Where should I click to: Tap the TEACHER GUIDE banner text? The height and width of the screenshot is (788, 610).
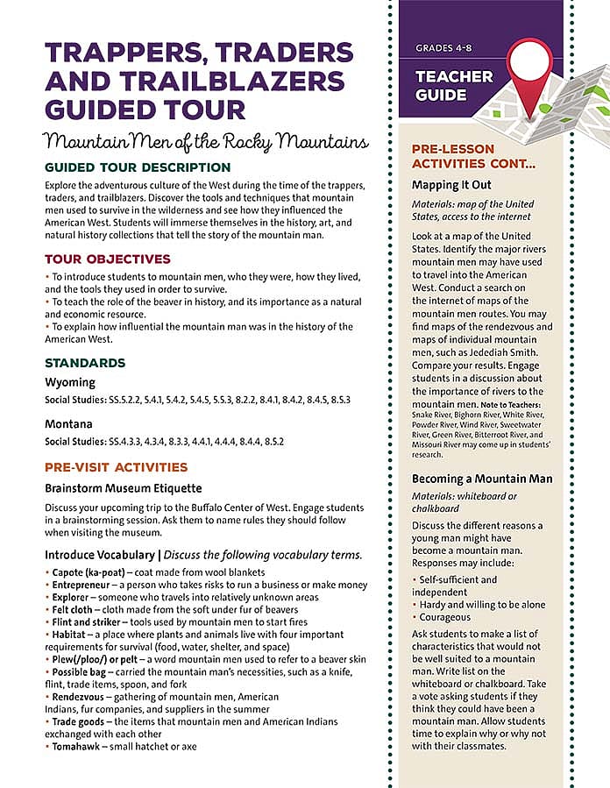454,86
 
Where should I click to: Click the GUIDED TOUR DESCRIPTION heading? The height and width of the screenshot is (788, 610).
138,167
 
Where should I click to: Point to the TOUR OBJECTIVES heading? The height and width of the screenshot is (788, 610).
108,259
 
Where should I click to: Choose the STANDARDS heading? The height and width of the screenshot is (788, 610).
85,363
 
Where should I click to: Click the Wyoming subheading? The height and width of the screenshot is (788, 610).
70,383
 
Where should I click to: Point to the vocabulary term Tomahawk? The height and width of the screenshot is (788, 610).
79,747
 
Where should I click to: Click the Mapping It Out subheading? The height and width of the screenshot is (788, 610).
451,186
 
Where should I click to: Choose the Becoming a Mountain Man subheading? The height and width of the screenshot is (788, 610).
481,479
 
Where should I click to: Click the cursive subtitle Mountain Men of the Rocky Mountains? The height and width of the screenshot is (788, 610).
207,140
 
